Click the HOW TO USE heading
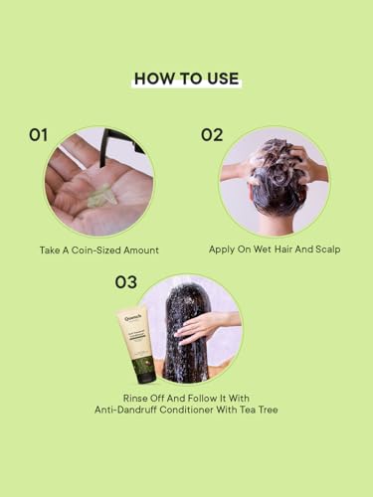click(x=186, y=79)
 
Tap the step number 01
click(x=38, y=135)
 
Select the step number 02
click(x=212, y=135)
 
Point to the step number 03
click(x=125, y=282)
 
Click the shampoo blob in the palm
click(x=102, y=196)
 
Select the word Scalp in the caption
click(x=327, y=249)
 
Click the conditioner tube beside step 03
click(x=136, y=345)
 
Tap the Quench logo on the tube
click(x=132, y=318)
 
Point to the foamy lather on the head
click(x=272, y=157)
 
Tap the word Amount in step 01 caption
click(x=141, y=250)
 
